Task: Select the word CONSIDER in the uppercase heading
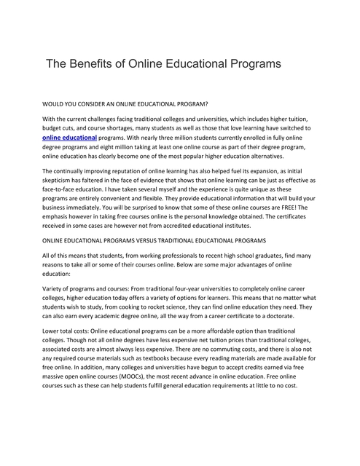pyautogui.click(x=109, y=105)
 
